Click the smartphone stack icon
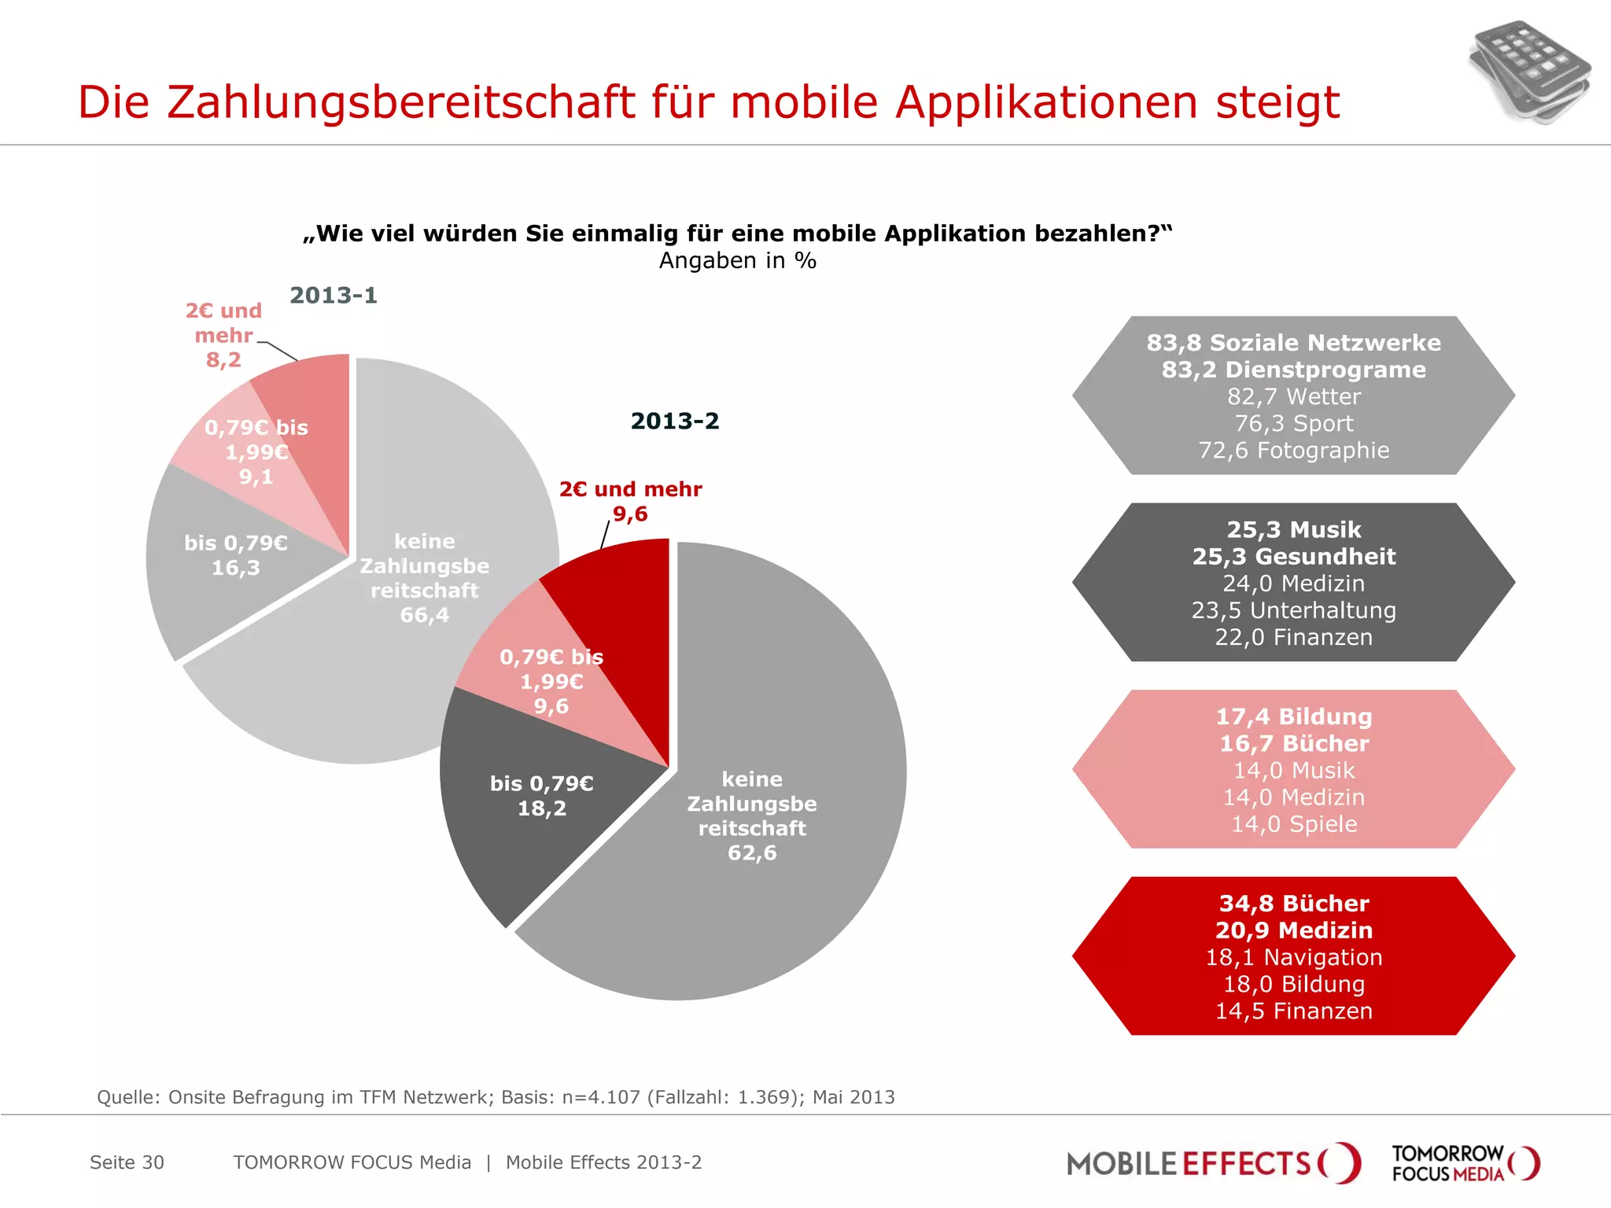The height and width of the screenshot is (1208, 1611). coord(1528,72)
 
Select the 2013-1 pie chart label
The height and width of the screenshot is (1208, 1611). coord(334,296)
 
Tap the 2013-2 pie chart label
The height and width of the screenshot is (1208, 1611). coord(675,422)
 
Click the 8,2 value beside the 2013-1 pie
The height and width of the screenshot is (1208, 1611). coord(223,360)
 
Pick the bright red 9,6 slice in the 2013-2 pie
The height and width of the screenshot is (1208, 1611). coord(621,598)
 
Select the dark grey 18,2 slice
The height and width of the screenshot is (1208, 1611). coord(519,834)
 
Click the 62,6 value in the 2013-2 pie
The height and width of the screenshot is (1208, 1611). coord(752,853)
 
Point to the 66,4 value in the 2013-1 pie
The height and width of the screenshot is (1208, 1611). coord(424,615)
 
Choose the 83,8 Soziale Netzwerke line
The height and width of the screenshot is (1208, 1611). coord(1293,343)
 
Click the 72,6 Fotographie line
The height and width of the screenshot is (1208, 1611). coord(1293,451)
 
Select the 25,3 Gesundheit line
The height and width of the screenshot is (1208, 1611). coord(1293,557)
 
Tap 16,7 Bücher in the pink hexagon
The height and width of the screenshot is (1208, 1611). coord(1293,743)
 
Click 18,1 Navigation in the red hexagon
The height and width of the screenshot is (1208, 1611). coord(1293,957)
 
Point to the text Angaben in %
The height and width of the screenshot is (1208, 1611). coord(737,261)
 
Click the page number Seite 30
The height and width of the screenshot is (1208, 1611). coord(127,1162)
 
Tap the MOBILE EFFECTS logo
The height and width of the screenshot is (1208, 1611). coord(1212,1163)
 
